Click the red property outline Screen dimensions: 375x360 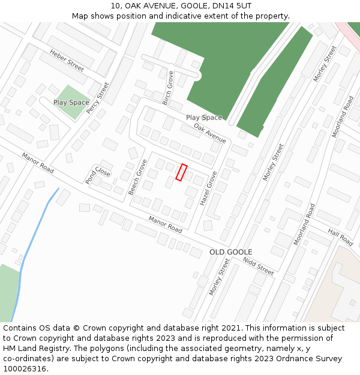tap(181, 173)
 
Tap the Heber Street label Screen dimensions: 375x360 tap(67, 60)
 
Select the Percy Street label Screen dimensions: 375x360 tap(98, 98)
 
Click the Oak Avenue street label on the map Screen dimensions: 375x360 tap(209, 133)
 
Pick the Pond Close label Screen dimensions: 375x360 tap(98, 175)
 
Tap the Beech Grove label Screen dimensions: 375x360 tap(137, 177)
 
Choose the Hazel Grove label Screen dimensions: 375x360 tap(208, 189)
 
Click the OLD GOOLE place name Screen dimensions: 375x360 tap(230, 252)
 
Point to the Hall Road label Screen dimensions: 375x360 tap(340, 236)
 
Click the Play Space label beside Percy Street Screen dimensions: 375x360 tap(71, 103)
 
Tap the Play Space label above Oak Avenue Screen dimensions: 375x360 tap(203, 118)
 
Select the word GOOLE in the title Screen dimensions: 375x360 tap(182, 6)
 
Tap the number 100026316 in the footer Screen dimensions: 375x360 tap(25, 368)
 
